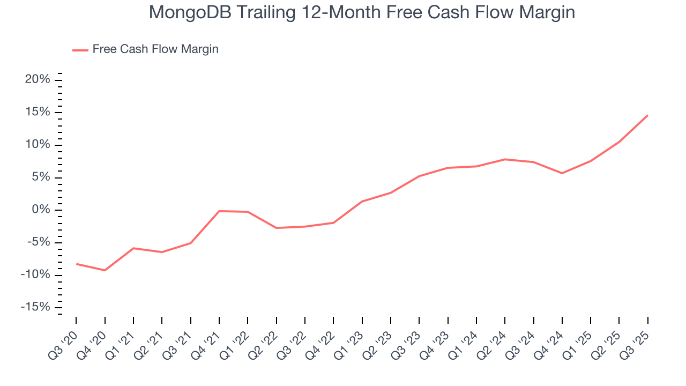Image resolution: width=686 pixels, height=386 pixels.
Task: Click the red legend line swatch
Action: click(80, 50)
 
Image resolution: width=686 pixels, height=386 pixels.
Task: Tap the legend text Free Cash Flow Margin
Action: click(155, 49)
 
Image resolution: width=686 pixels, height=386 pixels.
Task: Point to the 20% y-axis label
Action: click(38, 80)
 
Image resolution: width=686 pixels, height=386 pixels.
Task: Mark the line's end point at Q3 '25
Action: click(647, 115)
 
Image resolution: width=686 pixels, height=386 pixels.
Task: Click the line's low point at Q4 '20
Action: click(105, 270)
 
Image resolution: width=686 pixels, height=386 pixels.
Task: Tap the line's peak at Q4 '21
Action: click(219, 211)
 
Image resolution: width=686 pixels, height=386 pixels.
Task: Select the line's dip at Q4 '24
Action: click(562, 173)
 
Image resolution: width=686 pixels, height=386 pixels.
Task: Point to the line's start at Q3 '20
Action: click(76, 264)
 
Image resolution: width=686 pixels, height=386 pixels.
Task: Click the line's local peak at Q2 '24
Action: click(505, 159)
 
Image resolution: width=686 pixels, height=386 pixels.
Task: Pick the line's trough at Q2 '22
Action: click(277, 228)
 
